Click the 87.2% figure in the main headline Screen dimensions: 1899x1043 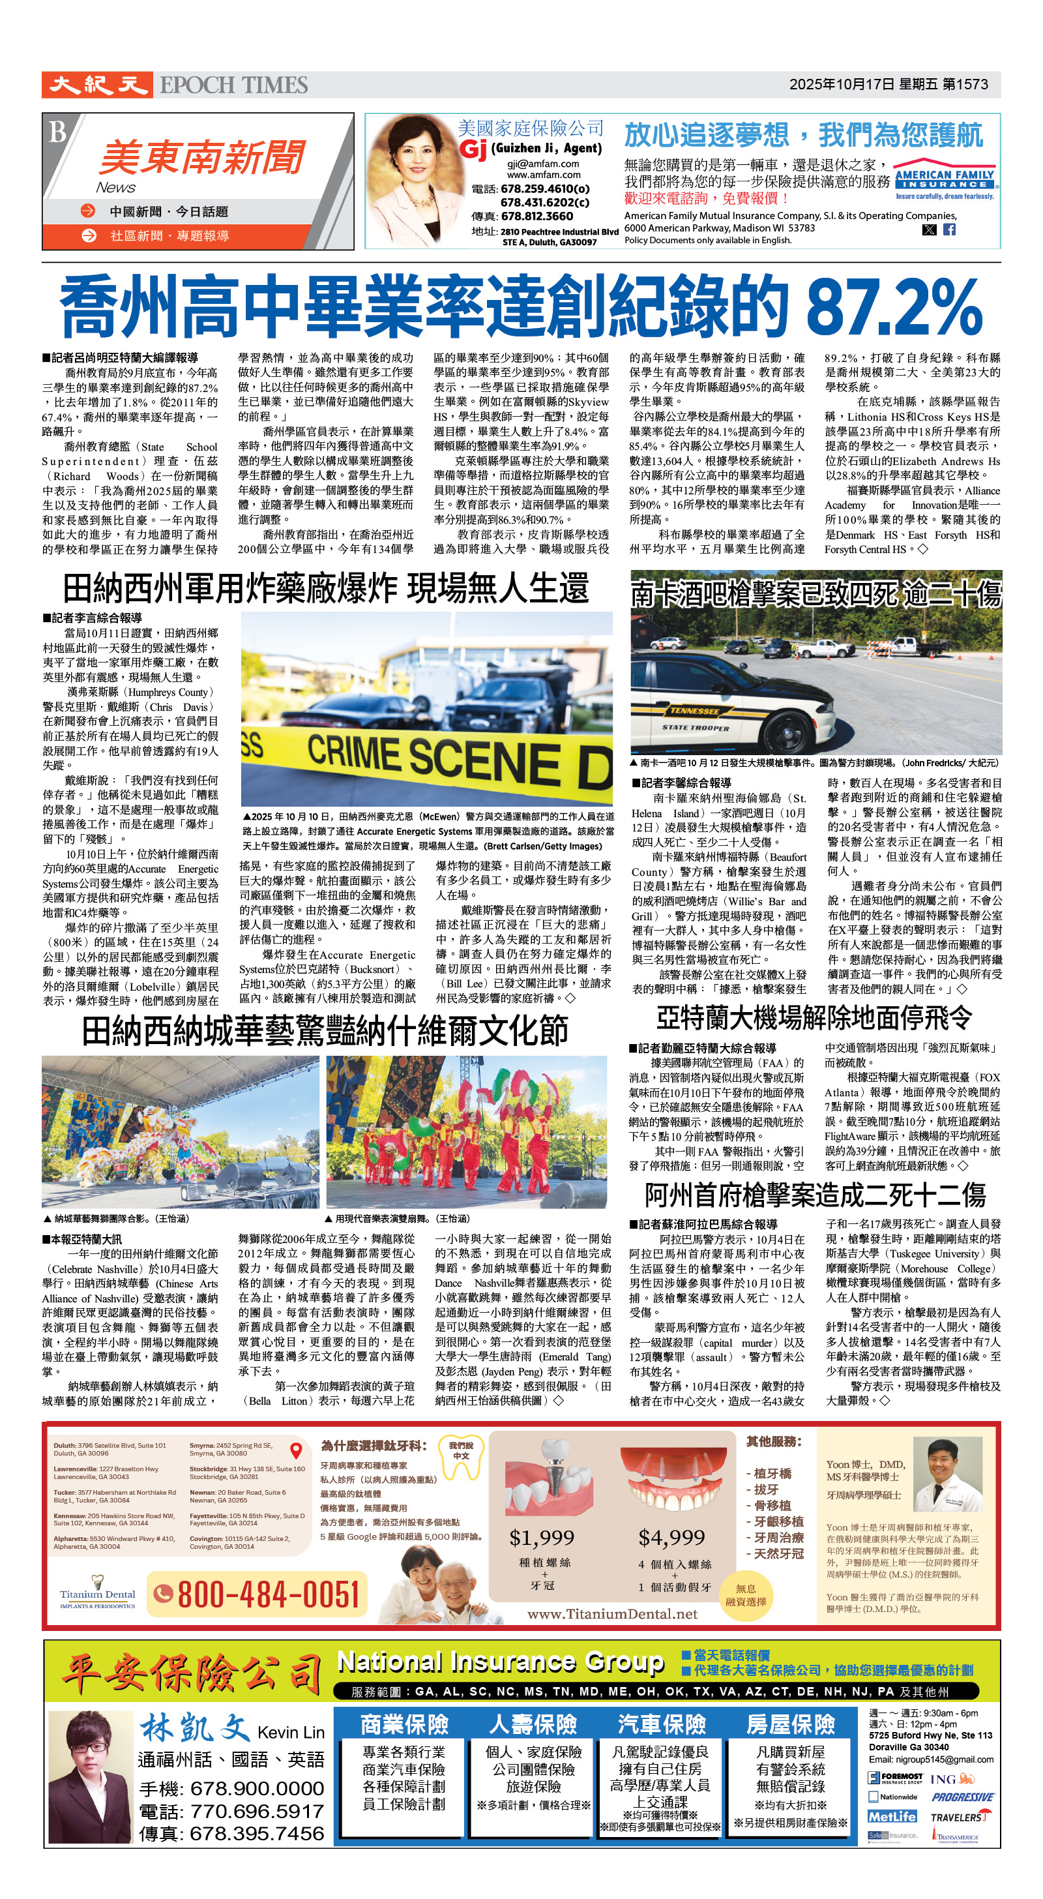(893, 307)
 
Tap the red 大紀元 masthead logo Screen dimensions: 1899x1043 (97, 85)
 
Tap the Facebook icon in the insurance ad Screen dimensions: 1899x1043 (949, 230)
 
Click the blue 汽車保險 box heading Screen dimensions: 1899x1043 (661, 1724)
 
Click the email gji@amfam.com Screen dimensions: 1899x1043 (543, 164)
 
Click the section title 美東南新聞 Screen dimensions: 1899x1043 (201, 157)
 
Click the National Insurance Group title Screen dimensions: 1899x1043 (501, 1662)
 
